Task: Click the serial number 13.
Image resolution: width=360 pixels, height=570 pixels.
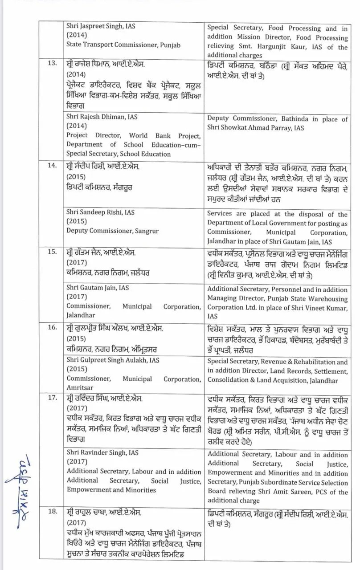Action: click(52, 63)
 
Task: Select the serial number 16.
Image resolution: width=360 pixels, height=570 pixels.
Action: click(52, 327)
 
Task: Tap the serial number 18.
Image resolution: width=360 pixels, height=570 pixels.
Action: click(52, 511)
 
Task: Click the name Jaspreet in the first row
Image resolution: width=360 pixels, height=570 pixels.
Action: click(96, 26)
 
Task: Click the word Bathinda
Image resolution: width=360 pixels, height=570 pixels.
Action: click(299, 119)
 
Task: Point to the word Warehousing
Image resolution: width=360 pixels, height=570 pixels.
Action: click(325, 298)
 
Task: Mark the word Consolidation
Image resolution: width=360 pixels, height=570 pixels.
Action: click(229, 380)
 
